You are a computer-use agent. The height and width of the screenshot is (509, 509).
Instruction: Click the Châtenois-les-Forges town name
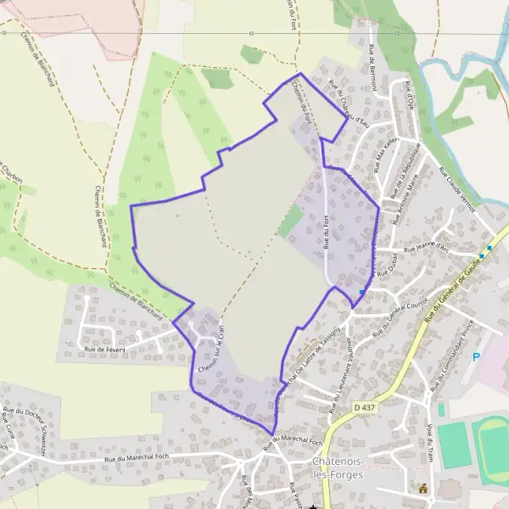[x=337, y=467]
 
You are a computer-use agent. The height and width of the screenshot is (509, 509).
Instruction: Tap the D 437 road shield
[x=363, y=408]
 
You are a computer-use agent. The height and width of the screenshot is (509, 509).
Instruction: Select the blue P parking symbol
[x=476, y=359]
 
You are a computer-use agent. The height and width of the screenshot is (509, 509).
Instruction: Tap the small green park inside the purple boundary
[x=291, y=221]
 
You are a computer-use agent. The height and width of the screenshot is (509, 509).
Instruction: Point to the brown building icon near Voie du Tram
[x=422, y=488]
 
